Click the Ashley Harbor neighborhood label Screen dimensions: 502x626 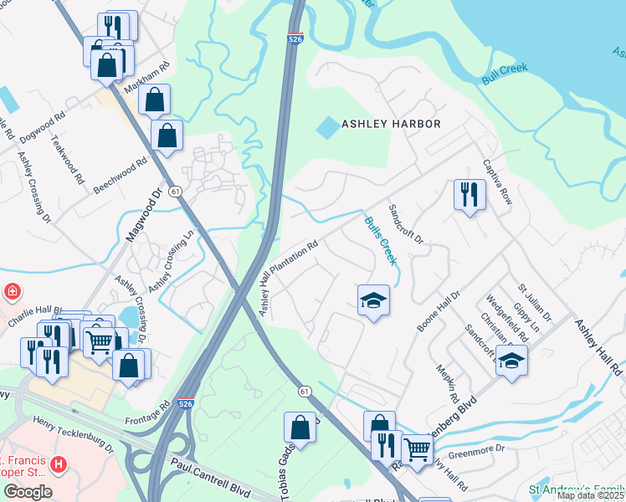pyautogui.click(x=391, y=124)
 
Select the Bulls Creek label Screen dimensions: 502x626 pyautogui.click(x=379, y=241)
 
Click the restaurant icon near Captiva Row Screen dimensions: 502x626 pyautogui.click(x=469, y=195)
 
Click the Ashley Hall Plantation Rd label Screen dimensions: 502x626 pyautogui.click(x=289, y=279)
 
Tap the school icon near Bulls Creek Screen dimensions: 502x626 pyautogui.click(x=373, y=300)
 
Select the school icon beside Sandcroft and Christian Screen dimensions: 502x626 pyautogui.click(x=511, y=361)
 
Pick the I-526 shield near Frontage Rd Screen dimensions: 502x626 pyautogui.click(x=187, y=403)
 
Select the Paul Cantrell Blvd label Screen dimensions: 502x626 pyautogui.click(x=211, y=471)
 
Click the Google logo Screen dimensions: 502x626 pyautogui.click(x=28, y=491)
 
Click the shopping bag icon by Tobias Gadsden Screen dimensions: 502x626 pyautogui.click(x=300, y=428)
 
